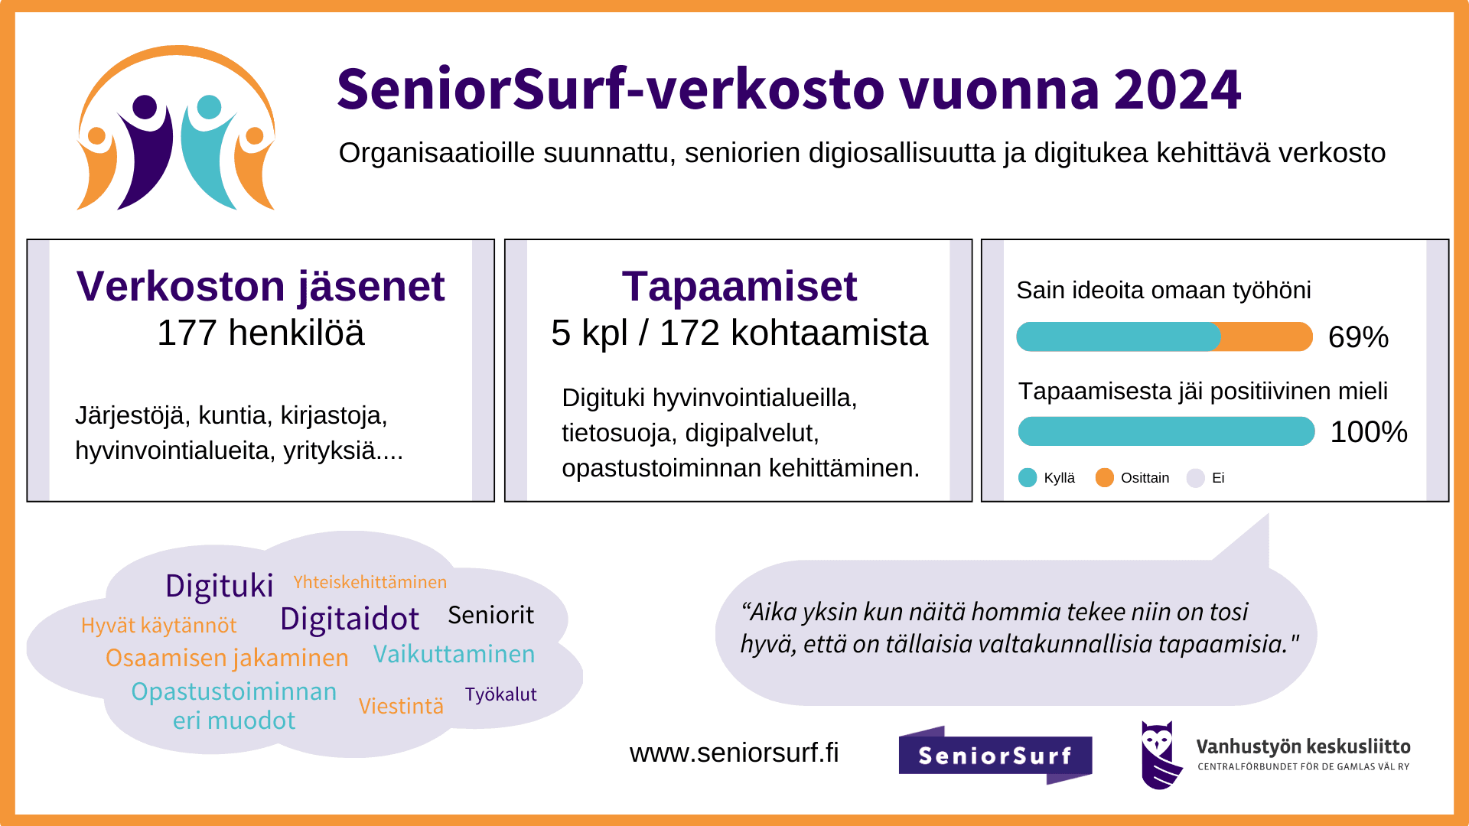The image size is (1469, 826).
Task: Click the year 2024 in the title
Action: click(x=1177, y=89)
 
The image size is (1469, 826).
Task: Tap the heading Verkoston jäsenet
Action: click(x=260, y=287)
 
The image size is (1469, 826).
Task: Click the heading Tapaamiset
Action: click(x=739, y=287)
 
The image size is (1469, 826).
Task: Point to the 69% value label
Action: click(x=1358, y=337)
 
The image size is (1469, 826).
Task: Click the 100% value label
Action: click(x=1369, y=432)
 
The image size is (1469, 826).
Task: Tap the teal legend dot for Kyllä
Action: click(x=1028, y=478)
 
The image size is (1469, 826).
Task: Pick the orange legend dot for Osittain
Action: click(x=1104, y=478)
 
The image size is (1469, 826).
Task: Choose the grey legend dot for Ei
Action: click(x=1195, y=478)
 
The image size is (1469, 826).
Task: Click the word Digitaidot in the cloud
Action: click(x=350, y=619)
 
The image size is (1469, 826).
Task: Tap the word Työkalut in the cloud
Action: click(x=500, y=694)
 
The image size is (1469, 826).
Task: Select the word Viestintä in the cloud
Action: click(x=401, y=706)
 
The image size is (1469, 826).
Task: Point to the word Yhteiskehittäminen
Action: click(x=370, y=582)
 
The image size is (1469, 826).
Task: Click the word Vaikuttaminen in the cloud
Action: click(x=454, y=654)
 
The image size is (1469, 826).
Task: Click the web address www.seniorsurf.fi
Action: click(x=734, y=753)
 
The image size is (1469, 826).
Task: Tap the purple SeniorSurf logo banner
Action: click(x=995, y=755)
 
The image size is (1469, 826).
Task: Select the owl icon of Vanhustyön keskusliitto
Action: click(x=1158, y=755)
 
